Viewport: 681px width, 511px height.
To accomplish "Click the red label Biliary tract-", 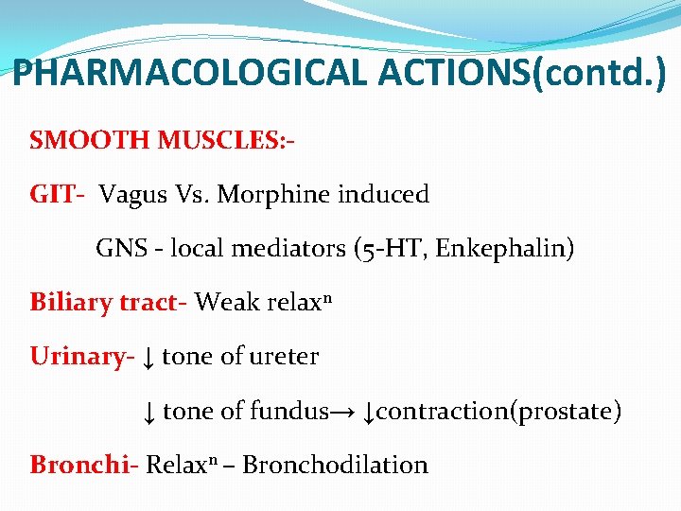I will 109,303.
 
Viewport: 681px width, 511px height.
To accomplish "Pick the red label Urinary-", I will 81,357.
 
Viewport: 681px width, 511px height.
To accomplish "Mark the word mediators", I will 295,249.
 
